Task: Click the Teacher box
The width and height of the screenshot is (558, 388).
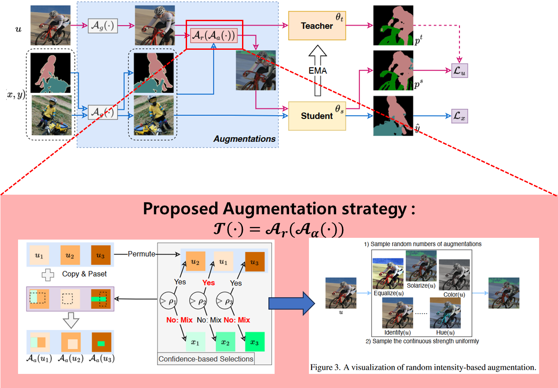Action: [x=317, y=26]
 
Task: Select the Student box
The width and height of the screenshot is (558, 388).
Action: [x=317, y=116]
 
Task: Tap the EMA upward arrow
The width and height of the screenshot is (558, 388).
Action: [x=317, y=70]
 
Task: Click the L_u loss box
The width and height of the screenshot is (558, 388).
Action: [x=460, y=70]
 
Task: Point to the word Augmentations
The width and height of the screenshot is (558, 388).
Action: [x=245, y=139]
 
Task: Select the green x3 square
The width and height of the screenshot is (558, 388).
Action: [x=254, y=342]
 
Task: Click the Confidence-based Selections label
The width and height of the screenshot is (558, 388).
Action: [x=206, y=359]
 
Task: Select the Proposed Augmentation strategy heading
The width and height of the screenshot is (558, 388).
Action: [x=279, y=209]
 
